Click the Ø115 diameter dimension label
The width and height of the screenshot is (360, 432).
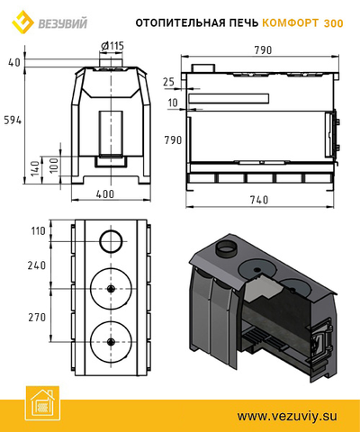click(112, 46)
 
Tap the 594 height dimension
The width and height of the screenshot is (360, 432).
click(13, 121)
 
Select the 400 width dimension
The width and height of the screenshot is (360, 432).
click(105, 194)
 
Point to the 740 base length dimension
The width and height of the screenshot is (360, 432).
click(259, 200)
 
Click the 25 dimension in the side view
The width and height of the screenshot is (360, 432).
click(168, 82)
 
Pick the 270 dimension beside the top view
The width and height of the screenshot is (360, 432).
click(37, 317)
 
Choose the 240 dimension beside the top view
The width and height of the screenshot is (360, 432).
click(37, 265)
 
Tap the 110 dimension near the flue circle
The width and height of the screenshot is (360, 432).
click(38, 231)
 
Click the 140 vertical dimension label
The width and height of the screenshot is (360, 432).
click(35, 168)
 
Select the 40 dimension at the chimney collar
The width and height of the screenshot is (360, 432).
click(14, 62)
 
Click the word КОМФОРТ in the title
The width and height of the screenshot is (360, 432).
click(290, 23)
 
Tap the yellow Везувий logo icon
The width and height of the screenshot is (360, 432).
click(22, 22)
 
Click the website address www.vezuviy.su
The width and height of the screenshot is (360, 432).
click(287, 416)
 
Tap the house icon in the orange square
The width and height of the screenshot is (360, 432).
click(42, 403)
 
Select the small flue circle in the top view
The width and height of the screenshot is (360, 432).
click(111, 241)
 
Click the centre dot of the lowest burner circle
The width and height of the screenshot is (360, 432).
click(111, 342)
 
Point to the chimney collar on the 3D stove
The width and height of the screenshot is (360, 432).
click(227, 249)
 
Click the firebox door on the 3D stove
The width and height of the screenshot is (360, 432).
click(321, 341)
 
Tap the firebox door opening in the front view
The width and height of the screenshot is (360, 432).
click(111, 134)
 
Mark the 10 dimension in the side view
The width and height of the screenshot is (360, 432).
click(173, 103)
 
